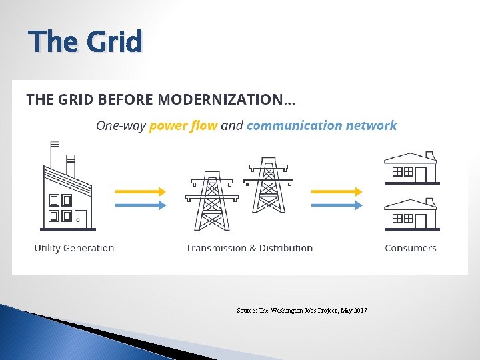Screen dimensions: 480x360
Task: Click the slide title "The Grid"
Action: point(85,42)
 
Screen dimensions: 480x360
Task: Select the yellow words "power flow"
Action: point(183,125)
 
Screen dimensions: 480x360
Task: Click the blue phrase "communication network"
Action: point(321,125)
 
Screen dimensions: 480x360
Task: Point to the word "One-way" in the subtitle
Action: point(121,125)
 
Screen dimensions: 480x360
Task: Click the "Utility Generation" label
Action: point(74,248)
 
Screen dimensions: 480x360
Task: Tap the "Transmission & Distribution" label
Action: point(249,248)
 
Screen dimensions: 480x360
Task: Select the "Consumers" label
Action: point(411,248)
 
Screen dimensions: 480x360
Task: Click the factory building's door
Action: point(81,218)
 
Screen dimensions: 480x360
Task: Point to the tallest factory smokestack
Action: point(55,156)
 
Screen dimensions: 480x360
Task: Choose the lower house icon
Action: point(411,213)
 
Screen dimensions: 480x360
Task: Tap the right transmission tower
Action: point(268,187)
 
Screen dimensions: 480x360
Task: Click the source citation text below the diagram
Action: point(301,311)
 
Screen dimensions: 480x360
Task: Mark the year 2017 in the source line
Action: point(360,311)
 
